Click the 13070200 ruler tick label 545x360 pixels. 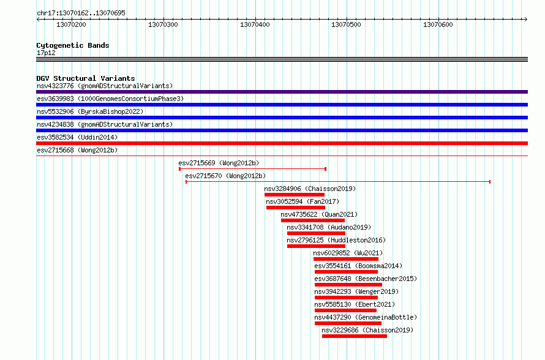click(x=71, y=24)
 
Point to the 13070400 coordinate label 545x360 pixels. click(x=255, y=24)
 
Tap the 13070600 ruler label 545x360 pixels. click(x=438, y=24)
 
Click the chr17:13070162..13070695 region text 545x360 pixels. click(x=81, y=13)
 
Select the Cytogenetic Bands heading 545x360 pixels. click(x=73, y=45)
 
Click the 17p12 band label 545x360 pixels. click(x=46, y=53)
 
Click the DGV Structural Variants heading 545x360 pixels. click(x=86, y=78)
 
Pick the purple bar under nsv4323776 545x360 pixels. click(x=282, y=92)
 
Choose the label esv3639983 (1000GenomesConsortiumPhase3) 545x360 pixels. click(x=110, y=99)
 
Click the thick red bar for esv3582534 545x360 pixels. click(x=282, y=143)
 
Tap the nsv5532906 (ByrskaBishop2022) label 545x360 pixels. click(x=90, y=111)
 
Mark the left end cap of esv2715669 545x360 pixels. click(x=179, y=169)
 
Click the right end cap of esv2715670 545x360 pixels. click(x=490, y=182)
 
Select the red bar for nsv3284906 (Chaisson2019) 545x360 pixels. click(x=295, y=195)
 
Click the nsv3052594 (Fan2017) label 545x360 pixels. click(x=303, y=201)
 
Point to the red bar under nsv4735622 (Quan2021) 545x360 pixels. click(x=313, y=220)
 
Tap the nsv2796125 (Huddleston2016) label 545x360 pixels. click(x=336, y=240)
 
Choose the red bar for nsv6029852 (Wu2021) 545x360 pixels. click(x=346, y=259)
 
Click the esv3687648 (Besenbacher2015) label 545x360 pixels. click(x=366, y=279)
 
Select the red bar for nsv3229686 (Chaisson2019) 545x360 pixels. click(x=355, y=336)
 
